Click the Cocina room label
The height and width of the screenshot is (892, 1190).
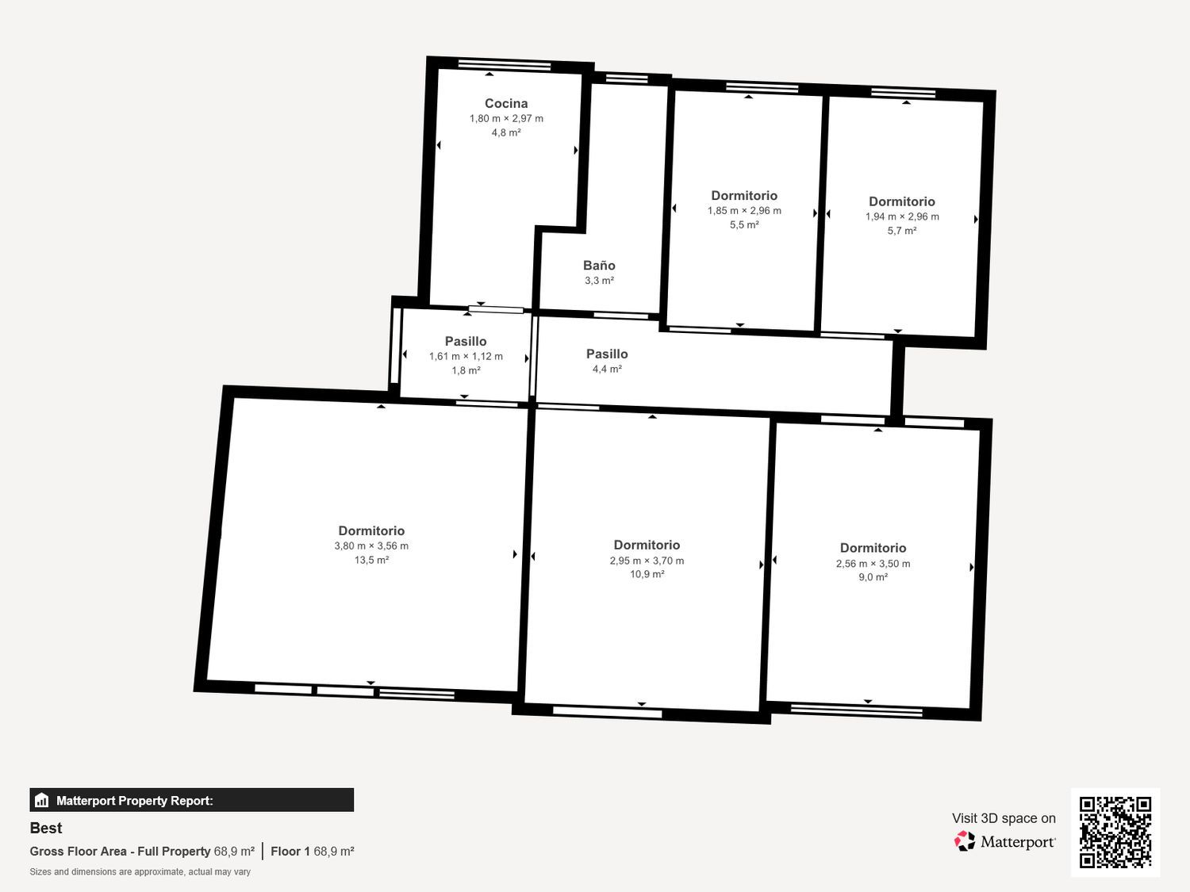[x=506, y=103]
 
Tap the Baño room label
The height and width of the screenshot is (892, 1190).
[x=599, y=266]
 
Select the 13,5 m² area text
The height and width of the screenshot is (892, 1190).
[x=371, y=560]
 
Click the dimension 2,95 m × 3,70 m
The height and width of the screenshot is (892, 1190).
[x=647, y=561]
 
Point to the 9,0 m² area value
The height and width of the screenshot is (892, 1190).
[x=873, y=577]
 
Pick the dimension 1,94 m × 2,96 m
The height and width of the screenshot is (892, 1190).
[x=902, y=216]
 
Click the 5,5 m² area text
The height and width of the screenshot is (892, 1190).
[x=744, y=224]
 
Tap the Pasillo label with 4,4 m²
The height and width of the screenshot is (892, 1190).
[x=607, y=354]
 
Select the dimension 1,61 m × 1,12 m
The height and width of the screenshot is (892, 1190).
[x=466, y=356]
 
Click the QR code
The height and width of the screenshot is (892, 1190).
[x=1115, y=833]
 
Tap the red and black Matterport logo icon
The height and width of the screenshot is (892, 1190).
[x=965, y=841]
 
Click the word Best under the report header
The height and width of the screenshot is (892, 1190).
[x=46, y=828]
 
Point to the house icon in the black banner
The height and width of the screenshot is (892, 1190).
[x=42, y=801]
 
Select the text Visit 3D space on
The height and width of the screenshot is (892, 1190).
[x=1004, y=818]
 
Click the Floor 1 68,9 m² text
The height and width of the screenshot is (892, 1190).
[x=313, y=852]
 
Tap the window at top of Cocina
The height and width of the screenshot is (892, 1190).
[x=505, y=66]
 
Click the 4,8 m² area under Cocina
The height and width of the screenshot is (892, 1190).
[x=506, y=132]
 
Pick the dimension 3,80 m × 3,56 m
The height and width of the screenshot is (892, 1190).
[x=371, y=546]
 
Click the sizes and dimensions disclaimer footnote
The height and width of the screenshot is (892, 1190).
[x=140, y=872]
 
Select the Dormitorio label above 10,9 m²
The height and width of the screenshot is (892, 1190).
[x=647, y=545]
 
